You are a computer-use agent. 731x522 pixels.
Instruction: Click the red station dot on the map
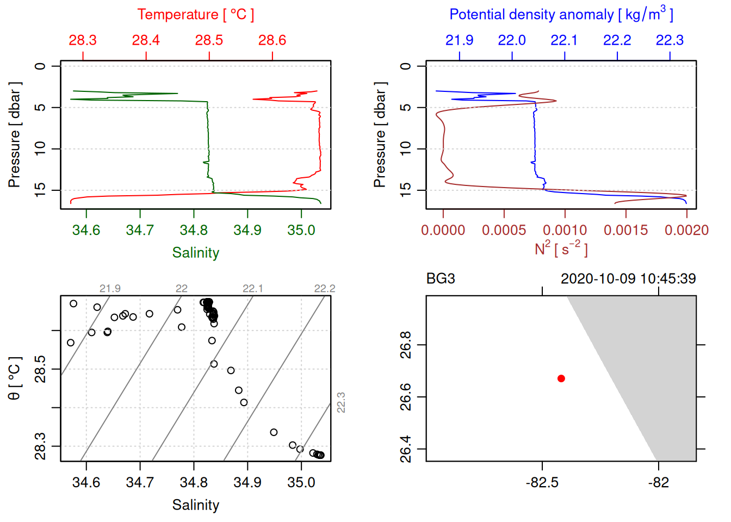(561, 378)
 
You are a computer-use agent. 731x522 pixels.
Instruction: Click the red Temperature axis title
(195, 15)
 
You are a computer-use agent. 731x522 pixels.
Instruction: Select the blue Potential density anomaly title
(561, 15)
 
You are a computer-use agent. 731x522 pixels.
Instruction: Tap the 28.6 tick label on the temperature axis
(272, 40)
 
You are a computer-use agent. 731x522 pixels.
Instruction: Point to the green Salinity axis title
(195, 253)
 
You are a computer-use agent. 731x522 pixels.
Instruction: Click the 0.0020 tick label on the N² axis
(686, 231)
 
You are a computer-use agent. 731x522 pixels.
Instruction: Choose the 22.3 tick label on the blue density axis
(670, 40)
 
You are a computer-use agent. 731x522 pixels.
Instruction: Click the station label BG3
(441, 279)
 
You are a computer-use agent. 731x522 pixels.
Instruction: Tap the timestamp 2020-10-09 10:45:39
(628, 279)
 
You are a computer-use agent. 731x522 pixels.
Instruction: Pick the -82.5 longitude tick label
(542, 483)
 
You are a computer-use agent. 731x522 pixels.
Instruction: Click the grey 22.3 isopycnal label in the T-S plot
(341, 402)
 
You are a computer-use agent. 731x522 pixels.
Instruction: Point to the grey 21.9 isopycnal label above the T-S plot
(110, 289)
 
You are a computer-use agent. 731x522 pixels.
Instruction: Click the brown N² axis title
(561, 248)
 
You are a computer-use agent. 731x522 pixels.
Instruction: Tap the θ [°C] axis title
(15, 378)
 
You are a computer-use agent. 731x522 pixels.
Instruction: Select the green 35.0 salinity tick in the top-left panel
(301, 231)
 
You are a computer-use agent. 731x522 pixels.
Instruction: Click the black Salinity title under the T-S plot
(195, 505)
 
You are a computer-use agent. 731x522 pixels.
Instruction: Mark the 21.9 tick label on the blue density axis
(459, 40)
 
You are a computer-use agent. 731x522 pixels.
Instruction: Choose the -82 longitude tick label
(658, 483)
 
